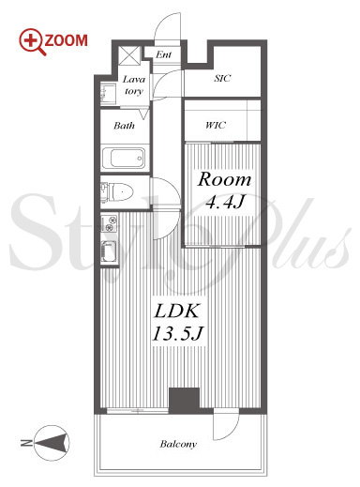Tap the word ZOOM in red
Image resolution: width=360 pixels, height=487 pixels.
[x=67, y=40]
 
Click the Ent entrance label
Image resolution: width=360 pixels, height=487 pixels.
[x=164, y=54]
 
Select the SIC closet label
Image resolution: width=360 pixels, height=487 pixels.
[x=222, y=78]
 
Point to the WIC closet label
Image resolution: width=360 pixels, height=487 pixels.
[x=216, y=125]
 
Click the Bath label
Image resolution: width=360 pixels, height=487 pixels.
[x=124, y=126]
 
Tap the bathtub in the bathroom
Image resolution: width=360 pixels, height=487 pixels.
[x=125, y=158]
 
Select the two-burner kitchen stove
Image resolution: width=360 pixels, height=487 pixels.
[x=109, y=223]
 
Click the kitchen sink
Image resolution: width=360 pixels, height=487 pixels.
[x=110, y=252]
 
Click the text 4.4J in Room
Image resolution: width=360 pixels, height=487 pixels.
[x=224, y=203]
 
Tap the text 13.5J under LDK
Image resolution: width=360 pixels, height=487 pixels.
[x=177, y=334]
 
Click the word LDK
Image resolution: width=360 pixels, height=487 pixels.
[x=177, y=312]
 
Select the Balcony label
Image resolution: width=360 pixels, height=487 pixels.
[x=178, y=444]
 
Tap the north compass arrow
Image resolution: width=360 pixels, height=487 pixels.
[x=52, y=443]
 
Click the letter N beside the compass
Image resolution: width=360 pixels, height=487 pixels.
[x=25, y=443]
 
